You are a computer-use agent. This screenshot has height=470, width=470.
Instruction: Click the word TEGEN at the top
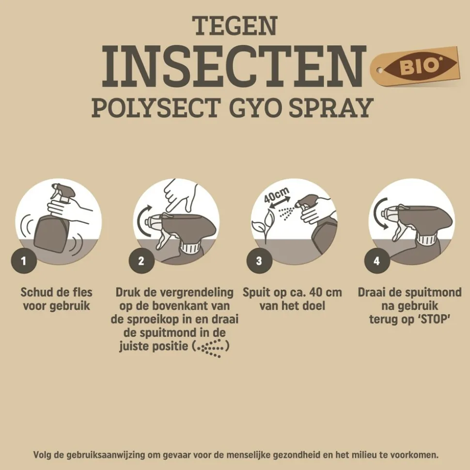coord(235,25)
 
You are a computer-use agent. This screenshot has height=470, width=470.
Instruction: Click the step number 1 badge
coord(23,261)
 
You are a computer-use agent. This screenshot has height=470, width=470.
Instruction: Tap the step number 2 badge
coord(141,261)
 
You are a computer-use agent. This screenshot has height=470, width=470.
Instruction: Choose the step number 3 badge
coord(259,261)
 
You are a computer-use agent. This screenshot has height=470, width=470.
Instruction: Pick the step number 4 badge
coord(376,261)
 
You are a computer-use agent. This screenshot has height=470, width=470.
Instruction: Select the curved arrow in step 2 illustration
coord(144,224)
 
